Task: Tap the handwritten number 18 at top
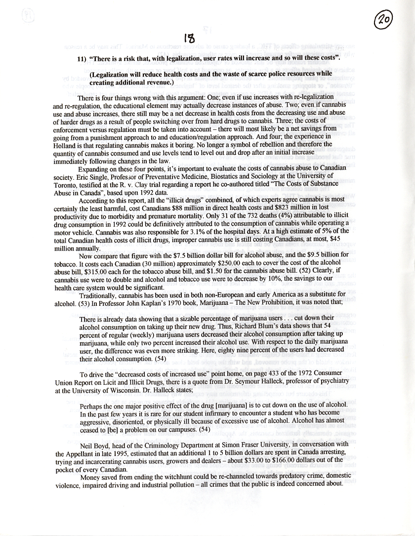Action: [x=189, y=38]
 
